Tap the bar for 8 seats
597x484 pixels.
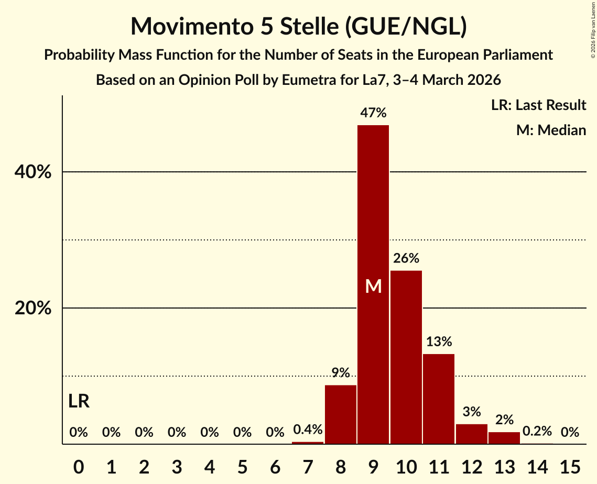coord(341,414)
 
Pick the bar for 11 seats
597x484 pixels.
coord(439,399)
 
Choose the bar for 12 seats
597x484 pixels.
coord(471,434)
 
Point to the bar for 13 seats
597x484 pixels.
coord(504,438)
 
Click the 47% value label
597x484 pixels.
coord(373,113)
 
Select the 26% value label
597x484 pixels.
coord(406,258)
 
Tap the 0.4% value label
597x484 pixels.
coord(308,430)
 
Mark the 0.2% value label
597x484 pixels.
coord(537,432)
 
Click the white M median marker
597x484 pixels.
coord(373,287)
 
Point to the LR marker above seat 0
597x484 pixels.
coord(79,402)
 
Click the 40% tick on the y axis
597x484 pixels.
coord(33,172)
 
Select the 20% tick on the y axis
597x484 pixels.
coord(33,309)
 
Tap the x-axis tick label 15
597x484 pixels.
coord(570,466)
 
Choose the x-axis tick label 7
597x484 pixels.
coord(308,466)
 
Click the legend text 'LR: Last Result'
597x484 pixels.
coord(538,105)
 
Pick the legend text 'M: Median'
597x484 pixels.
coord(551,130)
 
